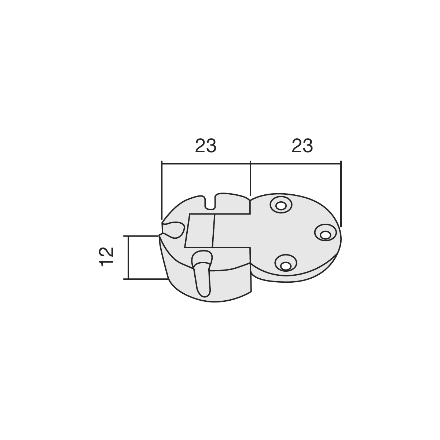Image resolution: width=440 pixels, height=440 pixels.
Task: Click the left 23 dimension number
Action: click(205, 146)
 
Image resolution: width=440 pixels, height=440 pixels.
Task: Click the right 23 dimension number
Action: click(302, 146)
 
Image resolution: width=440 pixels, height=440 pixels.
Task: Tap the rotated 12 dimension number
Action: click(106, 257)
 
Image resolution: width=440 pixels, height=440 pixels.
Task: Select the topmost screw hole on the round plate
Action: click(281, 205)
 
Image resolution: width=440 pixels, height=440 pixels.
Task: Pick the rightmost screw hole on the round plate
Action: click(325, 232)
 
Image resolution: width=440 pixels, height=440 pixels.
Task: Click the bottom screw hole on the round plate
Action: click(286, 263)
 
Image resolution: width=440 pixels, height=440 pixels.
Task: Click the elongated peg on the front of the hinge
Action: click(202, 274)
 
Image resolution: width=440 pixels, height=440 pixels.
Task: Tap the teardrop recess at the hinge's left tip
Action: click(173, 230)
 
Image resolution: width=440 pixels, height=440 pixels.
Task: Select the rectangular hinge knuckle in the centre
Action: click(217, 231)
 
